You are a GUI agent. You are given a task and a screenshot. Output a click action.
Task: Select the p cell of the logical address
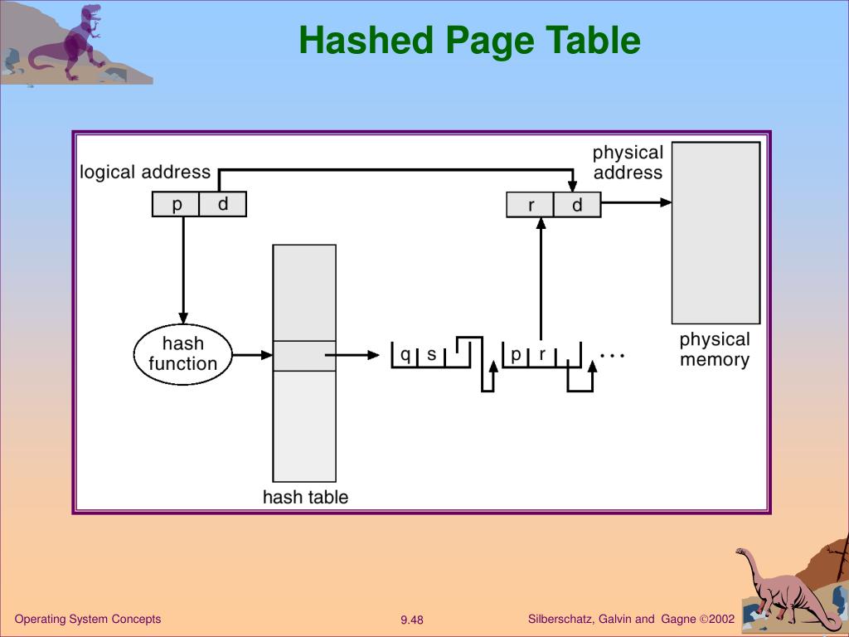click(176, 204)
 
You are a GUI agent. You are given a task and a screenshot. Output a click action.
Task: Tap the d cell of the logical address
click(223, 204)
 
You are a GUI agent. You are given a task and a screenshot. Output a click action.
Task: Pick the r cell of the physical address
click(530, 205)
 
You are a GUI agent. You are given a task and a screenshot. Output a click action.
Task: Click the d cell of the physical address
click(577, 205)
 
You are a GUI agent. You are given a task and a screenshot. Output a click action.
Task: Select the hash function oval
click(183, 354)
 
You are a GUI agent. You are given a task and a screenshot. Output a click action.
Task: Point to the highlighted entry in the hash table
click(304, 356)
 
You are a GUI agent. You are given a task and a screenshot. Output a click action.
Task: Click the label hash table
click(305, 497)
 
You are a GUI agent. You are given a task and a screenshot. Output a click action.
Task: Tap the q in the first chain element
click(405, 355)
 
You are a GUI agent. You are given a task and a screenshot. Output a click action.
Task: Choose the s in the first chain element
click(431, 355)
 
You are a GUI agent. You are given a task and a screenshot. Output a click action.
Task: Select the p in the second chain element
click(516, 355)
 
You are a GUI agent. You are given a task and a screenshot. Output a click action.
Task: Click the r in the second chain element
click(542, 355)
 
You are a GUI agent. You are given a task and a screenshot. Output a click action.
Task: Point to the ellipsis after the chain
click(613, 356)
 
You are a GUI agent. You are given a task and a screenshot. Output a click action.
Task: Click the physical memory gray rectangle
click(716, 233)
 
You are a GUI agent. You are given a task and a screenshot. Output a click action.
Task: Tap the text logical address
click(145, 173)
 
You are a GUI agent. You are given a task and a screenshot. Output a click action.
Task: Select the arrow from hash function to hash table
click(252, 355)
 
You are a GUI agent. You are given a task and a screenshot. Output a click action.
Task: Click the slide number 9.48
click(412, 620)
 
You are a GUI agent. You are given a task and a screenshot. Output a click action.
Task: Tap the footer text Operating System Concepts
click(88, 619)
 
